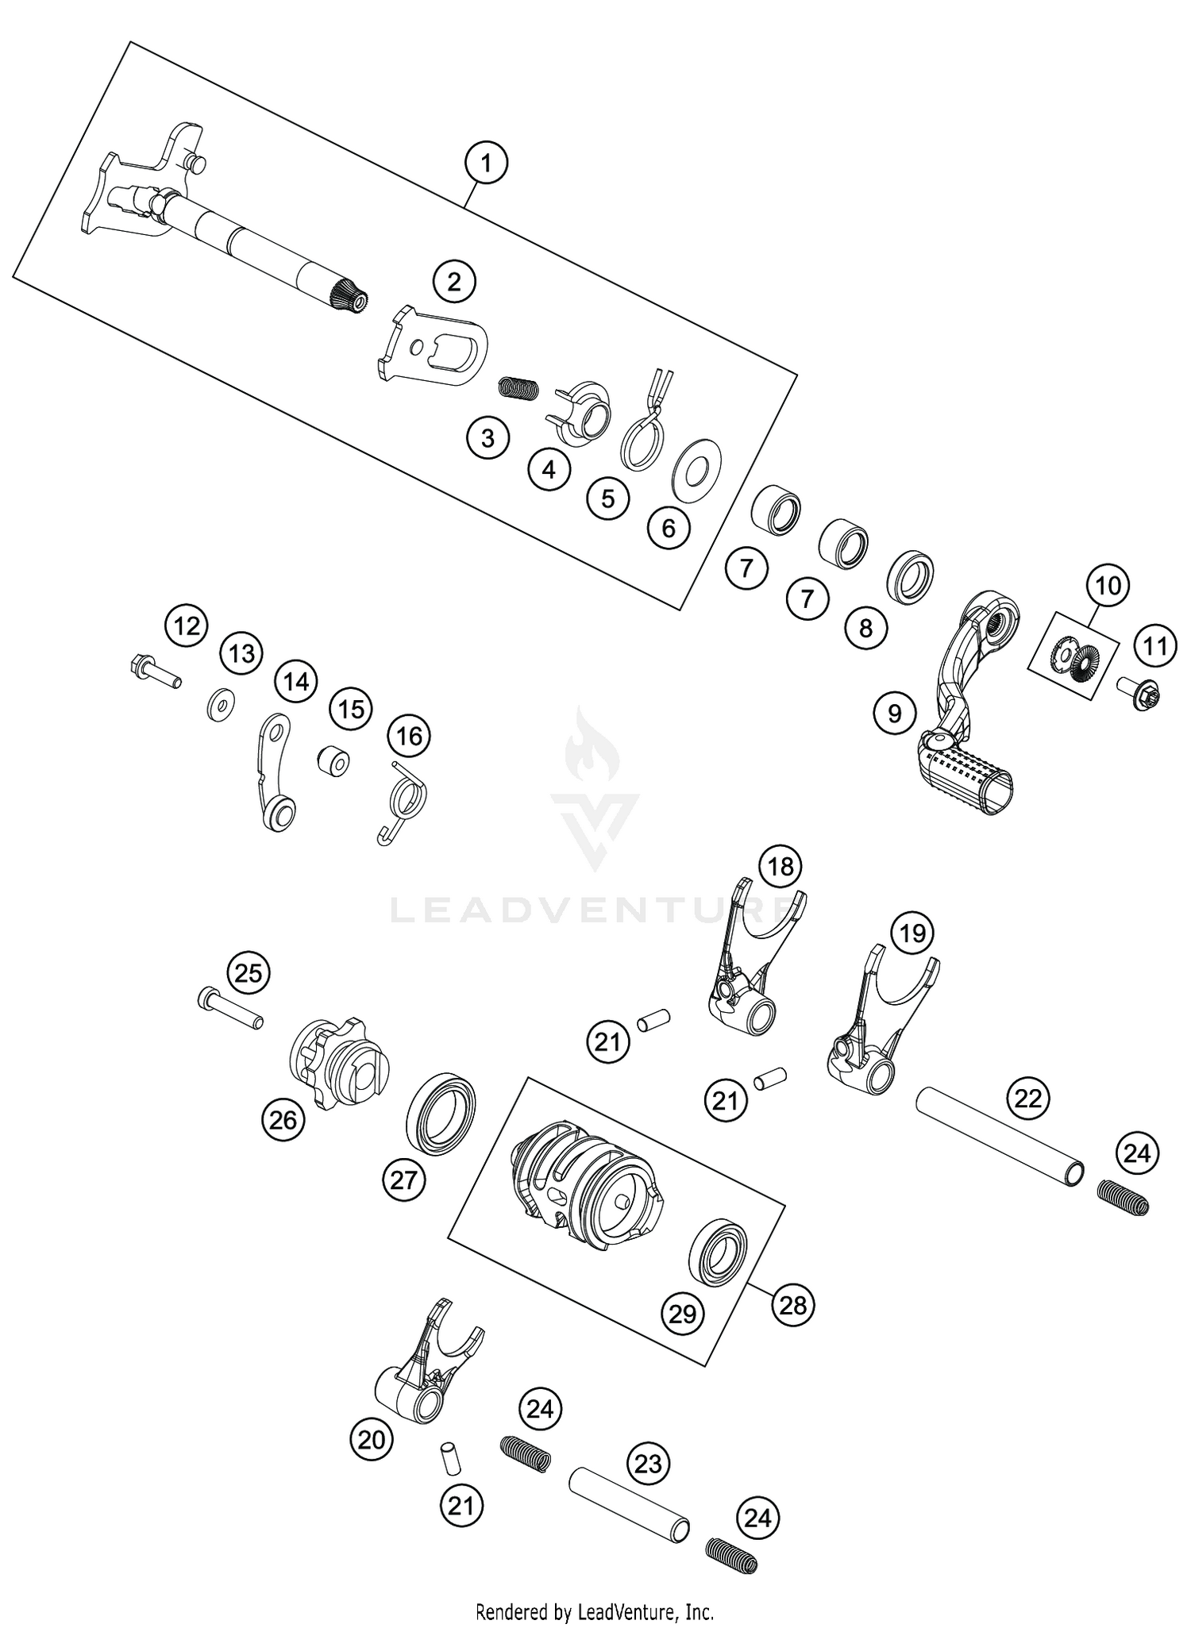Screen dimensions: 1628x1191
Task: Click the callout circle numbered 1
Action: point(486,164)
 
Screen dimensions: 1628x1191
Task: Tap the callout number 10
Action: point(1108,586)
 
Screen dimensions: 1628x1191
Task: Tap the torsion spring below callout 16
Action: point(403,801)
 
